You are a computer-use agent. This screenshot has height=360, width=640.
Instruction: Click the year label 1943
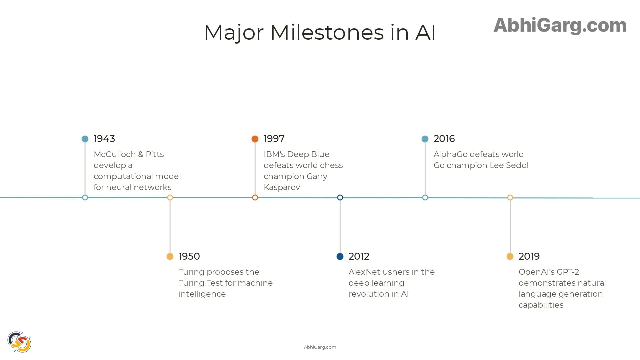[x=104, y=139]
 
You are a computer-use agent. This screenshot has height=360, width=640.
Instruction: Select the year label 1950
[x=189, y=256]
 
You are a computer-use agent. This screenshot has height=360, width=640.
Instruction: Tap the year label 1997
[x=274, y=139]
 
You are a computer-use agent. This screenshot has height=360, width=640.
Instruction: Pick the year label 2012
[x=359, y=256]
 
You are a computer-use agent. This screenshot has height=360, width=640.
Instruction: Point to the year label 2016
[x=444, y=139]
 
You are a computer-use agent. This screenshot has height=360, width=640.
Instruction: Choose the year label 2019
[x=529, y=256]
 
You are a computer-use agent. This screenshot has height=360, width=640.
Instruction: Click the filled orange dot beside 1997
[x=255, y=139]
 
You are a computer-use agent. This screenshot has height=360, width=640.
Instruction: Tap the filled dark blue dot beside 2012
[x=340, y=256]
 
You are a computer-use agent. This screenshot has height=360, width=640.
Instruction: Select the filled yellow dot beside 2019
[x=510, y=256]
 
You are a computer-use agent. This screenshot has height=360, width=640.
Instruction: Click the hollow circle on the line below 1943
[x=85, y=198]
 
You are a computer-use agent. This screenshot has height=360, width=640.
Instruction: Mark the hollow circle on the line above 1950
[x=170, y=198]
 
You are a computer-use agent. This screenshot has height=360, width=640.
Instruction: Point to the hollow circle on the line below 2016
[x=425, y=198]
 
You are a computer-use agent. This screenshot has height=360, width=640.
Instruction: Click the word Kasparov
[x=282, y=187]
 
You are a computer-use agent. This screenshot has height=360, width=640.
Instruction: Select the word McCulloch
[x=114, y=154]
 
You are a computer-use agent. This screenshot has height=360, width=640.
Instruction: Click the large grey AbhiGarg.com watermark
[x=560, y=25]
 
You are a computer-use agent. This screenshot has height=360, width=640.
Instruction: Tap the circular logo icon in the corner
[x=19, y=342]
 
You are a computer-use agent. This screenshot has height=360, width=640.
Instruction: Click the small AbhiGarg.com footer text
[x=320, y=347]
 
